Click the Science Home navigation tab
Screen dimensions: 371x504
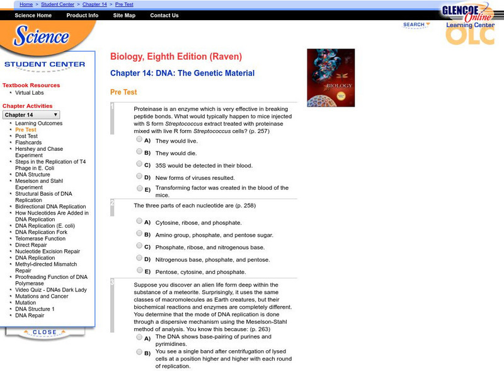click(33, 16)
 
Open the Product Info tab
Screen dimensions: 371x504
click(82, 16)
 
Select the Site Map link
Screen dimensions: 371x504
click(124, 16)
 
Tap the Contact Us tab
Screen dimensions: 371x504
click(164, 16)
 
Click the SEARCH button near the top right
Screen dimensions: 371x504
click(416, 25)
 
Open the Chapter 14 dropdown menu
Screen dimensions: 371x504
click(31, 115)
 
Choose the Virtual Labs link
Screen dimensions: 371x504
click(30, 93)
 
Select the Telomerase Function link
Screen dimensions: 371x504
click(40, 239)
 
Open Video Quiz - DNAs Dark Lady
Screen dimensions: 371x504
click(51, 290)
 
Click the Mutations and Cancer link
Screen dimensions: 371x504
click(42, 296)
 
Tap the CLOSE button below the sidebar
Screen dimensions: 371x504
click(45, 333)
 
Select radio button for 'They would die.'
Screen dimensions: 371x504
click(139, 152)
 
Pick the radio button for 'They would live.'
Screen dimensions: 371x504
click(139, 140)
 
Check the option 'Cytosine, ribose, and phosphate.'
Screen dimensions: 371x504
click(139, 221)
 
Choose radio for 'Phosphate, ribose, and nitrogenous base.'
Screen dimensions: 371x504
click(139, 246)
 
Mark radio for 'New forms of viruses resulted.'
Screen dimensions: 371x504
click(139, 177)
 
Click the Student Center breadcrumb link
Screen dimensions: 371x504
click(58, 4)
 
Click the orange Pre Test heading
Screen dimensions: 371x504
click(123, 92)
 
